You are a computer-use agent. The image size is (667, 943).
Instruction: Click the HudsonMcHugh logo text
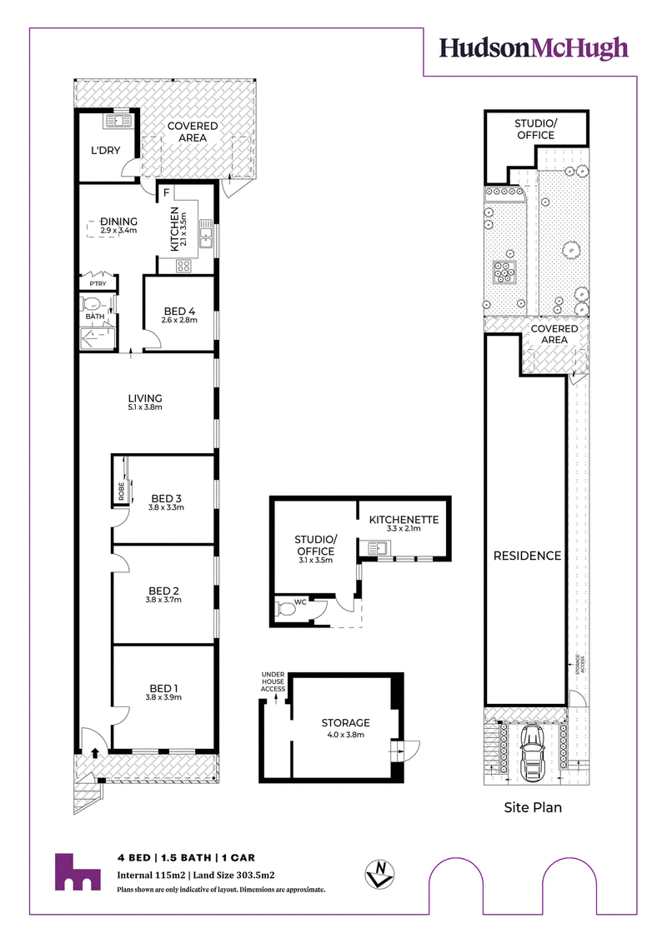(x=534, y=48)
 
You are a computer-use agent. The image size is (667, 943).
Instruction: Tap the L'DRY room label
(x=105, y=150)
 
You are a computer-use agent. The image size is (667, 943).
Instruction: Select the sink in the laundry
(x=118, y=122)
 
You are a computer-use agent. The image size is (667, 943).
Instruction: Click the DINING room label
(x=118, y=222)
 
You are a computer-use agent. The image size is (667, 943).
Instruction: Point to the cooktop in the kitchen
(x=183, y=266)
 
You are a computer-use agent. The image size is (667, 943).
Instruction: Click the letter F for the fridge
(x=167, y=193)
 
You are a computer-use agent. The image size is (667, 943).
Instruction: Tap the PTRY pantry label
(x=98, y=283)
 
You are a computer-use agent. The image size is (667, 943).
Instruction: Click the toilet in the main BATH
(x=93, y=302)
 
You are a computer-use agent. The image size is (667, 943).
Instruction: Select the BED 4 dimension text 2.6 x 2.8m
(x=178, y=320)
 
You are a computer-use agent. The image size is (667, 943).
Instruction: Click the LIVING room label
(x=145, y=398)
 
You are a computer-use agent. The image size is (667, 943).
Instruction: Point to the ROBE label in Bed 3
(x=121, y=491)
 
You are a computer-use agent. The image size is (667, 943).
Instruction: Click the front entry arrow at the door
(x=94, y=752)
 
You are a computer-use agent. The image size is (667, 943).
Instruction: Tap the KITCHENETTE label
(x=404, y=520)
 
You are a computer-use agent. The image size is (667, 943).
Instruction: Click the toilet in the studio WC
(x=285, y=610)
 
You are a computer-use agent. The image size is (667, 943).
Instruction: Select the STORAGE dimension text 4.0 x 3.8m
(x=345, y=734)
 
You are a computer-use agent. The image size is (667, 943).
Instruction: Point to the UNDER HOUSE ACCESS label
(x=273, y=682)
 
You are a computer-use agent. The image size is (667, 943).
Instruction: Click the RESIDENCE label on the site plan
(x=527, y=556)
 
